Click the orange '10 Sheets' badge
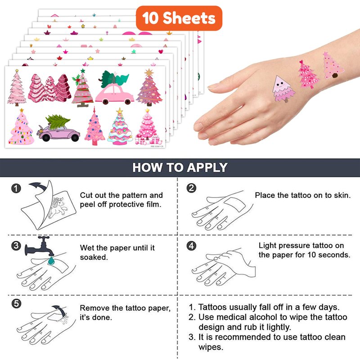pos(179,18)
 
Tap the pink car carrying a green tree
pos(114,88)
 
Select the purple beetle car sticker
pos(58,129)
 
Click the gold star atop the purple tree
pos(149,72)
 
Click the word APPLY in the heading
pos(207,167)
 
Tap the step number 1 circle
pos(16,189)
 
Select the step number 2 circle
pos(191,188)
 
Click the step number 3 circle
pos(16,246)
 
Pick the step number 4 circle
pos(191,246)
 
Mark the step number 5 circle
pos(16,303)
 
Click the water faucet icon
pos(40,247)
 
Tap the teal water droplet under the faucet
pos(51,261)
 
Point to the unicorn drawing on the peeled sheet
pos(58,207)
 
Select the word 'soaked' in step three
pos(94,257)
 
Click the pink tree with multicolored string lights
pos(21,127)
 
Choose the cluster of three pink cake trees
pos(49,88)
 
